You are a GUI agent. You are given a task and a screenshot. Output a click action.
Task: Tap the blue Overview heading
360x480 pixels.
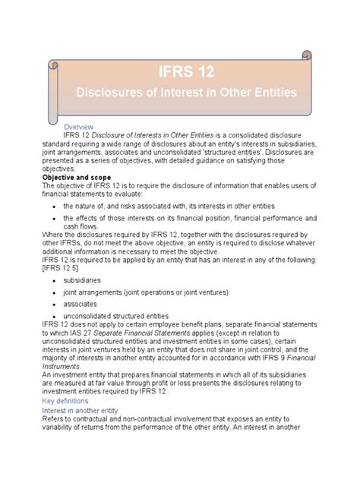77,125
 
